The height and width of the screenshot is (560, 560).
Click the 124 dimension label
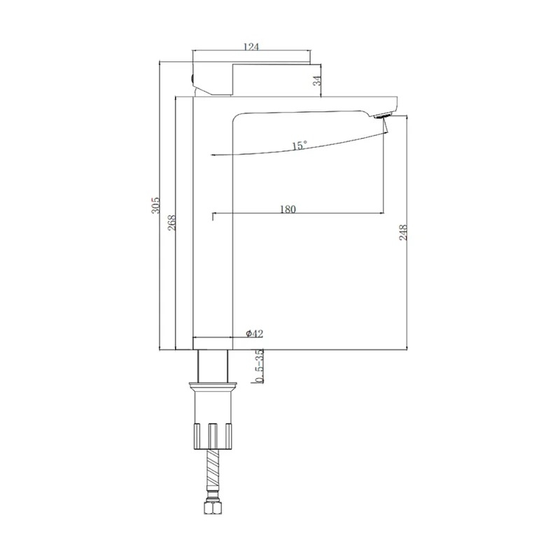click(x=251, y=47)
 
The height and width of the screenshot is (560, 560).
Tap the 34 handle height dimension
click(x=317, y=81)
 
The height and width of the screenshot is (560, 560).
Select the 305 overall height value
click(x=155, y=205)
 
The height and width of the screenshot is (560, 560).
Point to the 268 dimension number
click(x=171, y=222)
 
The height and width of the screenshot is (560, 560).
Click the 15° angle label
click(x=300, y=146)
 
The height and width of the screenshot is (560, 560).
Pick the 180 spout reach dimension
click(x=288, y=209)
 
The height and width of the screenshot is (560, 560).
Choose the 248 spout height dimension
click(x=403, y=232)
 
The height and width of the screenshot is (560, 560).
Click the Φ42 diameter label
click(x=254, y=334)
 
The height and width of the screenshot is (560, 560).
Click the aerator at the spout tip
click(x=383, y=115)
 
